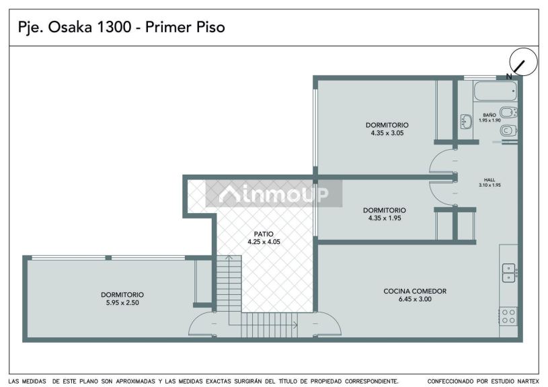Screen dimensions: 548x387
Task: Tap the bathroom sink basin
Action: [x=466, y=122]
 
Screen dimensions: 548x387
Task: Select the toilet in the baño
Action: [x=508, y=131]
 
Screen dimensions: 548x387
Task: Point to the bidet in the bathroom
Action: [x=508, y=112]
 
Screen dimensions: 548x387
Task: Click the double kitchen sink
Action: [x=509, y=273]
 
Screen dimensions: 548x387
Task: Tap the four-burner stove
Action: [x=508, y=316]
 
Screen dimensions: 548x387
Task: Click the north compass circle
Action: [x=523, y=62]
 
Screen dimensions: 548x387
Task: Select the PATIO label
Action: [x=264, y=234]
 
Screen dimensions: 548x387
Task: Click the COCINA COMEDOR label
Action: [x=415, y=291]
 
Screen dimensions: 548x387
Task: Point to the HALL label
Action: [x=490, y=180]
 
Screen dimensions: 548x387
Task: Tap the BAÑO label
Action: [x=490, y=115]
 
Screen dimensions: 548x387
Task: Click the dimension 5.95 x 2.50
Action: [x=122, y=303]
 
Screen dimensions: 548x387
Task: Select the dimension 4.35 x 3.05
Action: [x=387, y=133]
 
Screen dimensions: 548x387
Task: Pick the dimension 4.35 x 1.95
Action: [x=385, y=218]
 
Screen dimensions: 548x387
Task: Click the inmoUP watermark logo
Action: [x=274, y=193]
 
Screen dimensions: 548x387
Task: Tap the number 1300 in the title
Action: [x=113, y=28]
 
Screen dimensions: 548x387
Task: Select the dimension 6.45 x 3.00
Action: [x=415, y=300]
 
